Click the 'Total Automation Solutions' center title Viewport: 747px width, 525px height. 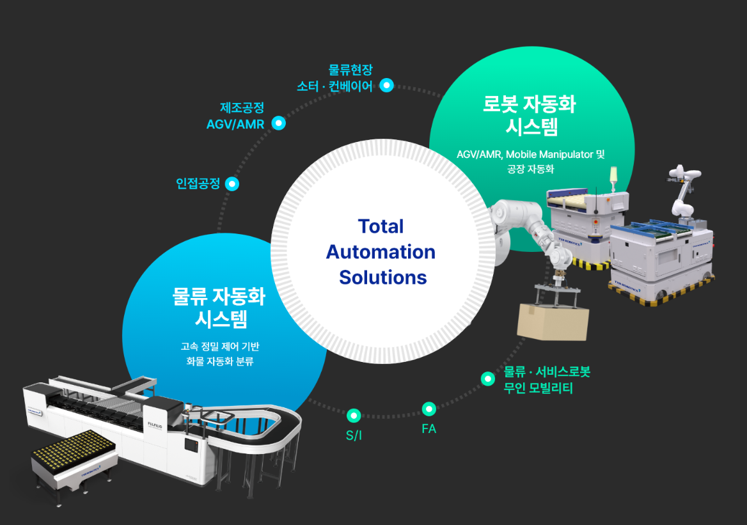pos(381,252)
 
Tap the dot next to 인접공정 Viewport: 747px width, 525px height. pos(232,184)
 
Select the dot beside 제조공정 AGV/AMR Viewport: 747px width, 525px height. pos(278,123)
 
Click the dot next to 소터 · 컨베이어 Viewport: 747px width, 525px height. pos(386,85)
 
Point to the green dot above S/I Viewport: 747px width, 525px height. pos(353,416)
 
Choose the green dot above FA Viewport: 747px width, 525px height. pos(429,409)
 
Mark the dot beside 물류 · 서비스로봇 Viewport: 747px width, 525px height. pos(488,379)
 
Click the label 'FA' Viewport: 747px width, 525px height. pos(429,429)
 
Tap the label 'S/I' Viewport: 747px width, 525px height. pos(353,435)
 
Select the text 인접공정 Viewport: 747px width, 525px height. pos(198,184)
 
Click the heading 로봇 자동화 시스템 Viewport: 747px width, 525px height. pos(530,115)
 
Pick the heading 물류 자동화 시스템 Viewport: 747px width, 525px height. pos(220,306)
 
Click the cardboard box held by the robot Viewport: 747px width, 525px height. pos(553,322)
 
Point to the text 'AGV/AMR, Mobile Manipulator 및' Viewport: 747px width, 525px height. pos(530,154)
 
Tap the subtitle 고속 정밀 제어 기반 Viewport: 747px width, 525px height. pos(219,347)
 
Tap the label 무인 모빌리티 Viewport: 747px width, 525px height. pos(538,388)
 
